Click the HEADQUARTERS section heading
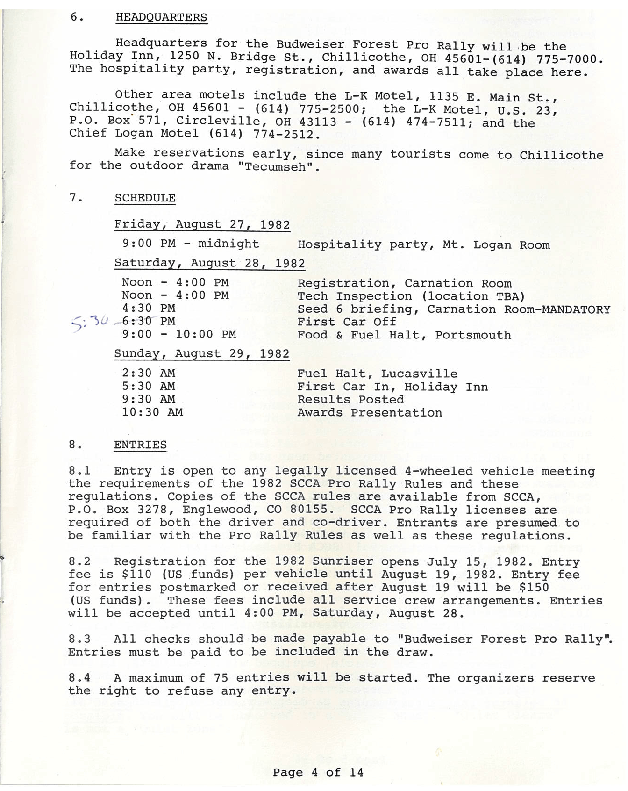click(161, 18)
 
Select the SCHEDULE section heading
click(145, 198)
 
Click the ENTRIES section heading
click(140, 445)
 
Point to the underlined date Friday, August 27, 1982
click(202, 224)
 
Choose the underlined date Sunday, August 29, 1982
click(202, 354)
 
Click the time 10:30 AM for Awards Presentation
click(152, 412)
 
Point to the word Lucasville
click(419, 374)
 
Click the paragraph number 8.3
click(79, 639)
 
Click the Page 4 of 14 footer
click(318, 772)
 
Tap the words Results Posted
click(350, 400)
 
